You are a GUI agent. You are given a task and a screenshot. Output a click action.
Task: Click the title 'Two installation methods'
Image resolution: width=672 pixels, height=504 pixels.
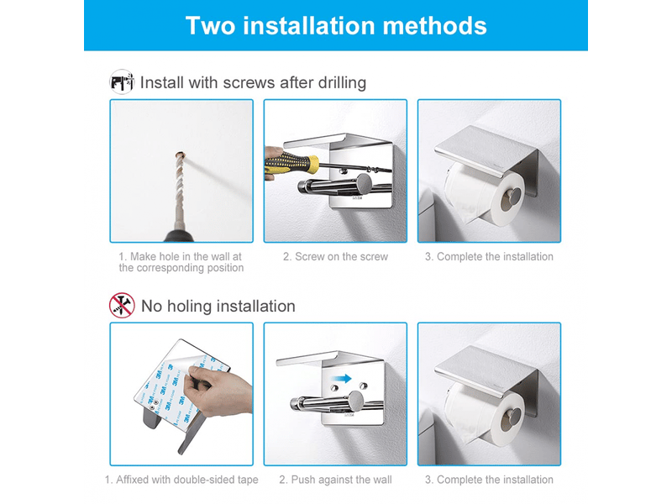336,26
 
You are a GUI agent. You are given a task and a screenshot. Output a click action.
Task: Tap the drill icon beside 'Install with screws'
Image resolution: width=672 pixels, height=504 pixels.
122,81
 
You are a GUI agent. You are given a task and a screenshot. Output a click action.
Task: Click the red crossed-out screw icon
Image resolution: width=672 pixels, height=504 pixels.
122,306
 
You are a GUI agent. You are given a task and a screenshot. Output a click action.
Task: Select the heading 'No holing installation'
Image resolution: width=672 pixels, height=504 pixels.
218,306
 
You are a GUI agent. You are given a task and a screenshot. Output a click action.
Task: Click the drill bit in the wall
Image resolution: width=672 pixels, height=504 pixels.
180,188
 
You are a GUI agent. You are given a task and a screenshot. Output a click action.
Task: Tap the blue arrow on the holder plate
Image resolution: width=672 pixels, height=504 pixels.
342,378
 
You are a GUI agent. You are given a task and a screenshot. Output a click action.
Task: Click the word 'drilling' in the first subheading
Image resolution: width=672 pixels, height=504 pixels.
342,82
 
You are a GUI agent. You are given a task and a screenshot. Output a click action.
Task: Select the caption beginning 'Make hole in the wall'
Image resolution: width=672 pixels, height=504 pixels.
181,262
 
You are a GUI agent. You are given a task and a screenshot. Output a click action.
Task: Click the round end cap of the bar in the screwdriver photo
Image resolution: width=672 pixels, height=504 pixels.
365,184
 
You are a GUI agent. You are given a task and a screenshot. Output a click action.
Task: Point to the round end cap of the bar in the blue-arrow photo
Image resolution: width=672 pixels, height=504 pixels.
355,402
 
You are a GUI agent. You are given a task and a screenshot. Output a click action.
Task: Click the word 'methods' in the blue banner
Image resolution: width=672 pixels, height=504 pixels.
434,26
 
